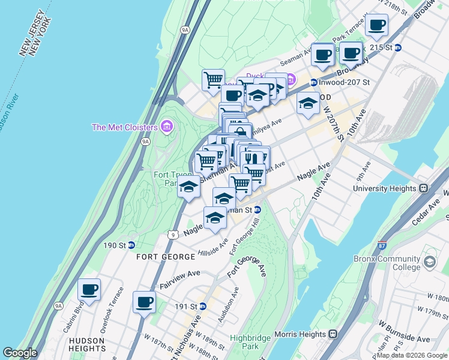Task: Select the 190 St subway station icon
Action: [131, 245]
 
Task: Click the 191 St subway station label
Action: [185, 306]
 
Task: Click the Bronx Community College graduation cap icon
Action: [430, 262]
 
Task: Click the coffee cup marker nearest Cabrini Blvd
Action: [89, 290]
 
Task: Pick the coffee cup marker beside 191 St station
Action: [144, 302]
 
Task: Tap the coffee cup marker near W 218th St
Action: [377, 25]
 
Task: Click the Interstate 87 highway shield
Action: [382, 245]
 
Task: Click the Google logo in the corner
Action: [20, 353]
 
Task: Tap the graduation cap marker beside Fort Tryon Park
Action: [189, 187]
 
